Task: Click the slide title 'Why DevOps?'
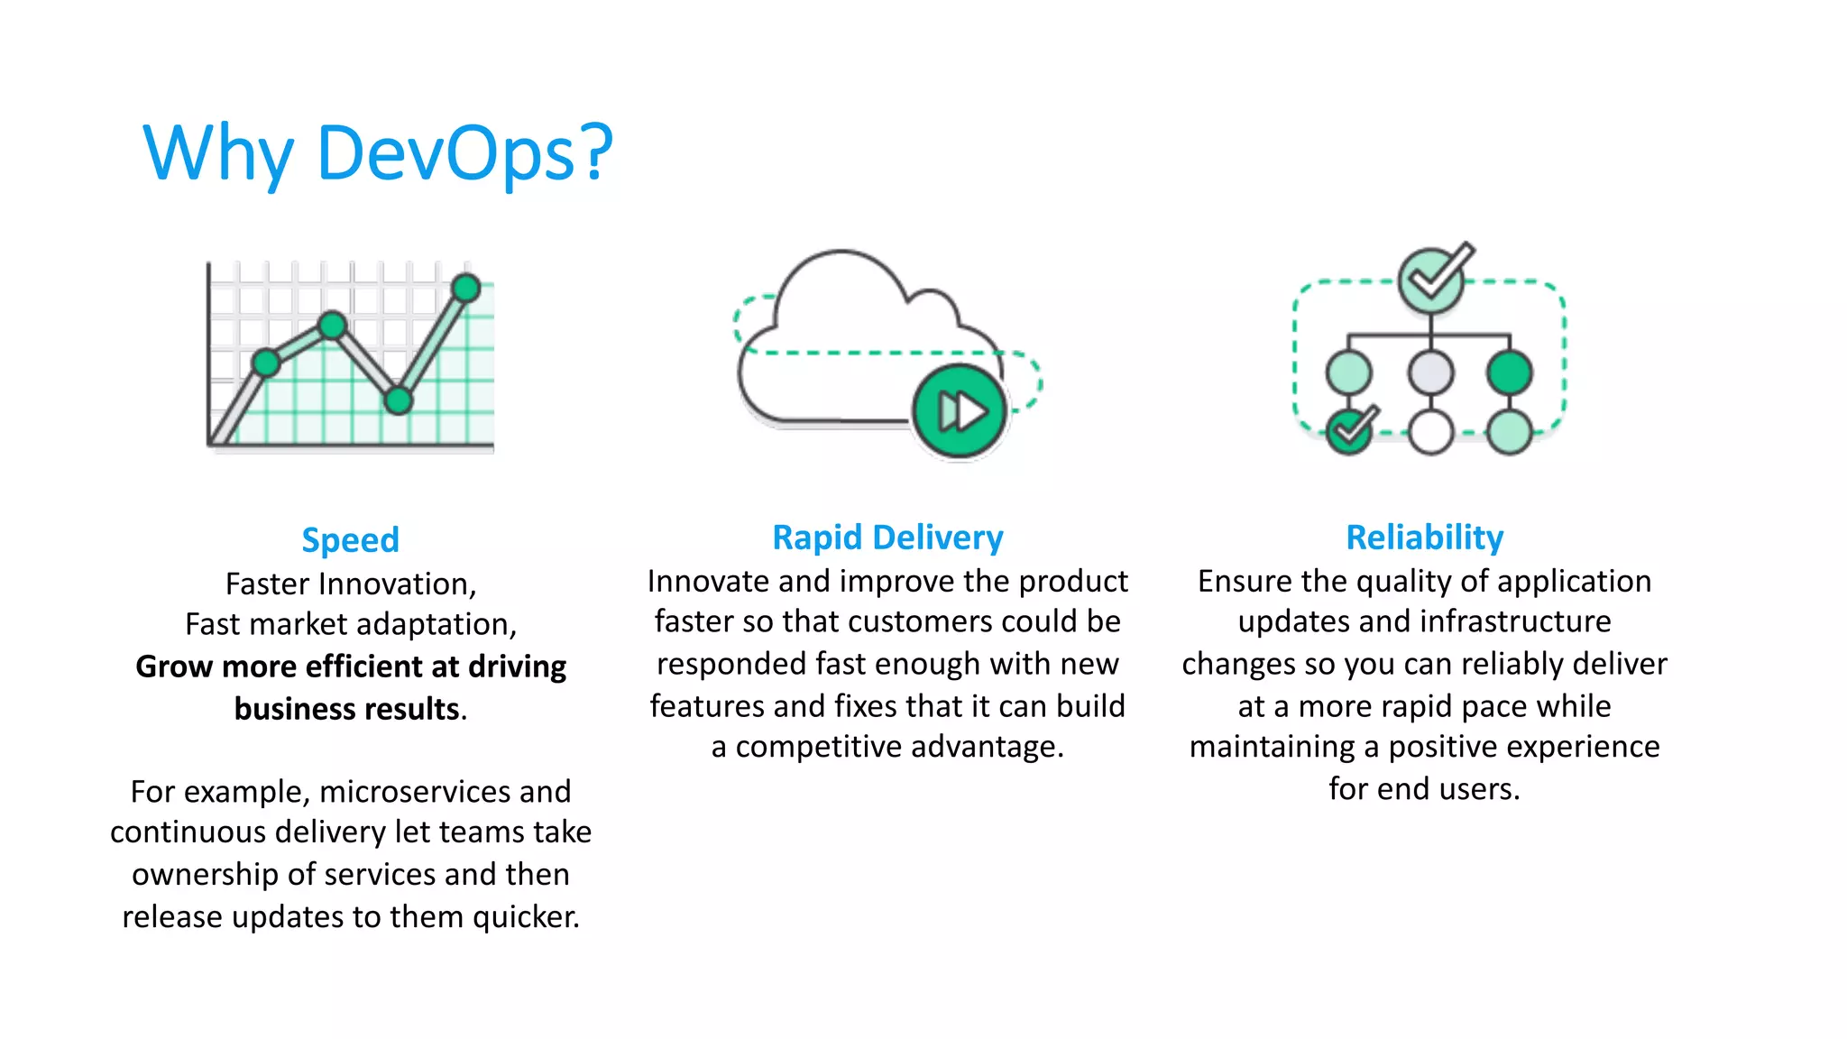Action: coord(378,153)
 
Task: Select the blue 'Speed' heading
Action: coord(350,539)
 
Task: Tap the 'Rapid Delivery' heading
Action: coord(887,538)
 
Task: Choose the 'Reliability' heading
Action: coord(1424,538)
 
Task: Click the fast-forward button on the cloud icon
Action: coord(960,411)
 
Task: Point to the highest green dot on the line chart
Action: coord(466,288)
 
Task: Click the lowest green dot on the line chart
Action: coord(398,400)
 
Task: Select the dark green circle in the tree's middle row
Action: coord(1510,372)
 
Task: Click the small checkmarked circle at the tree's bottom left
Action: coord(1349,432)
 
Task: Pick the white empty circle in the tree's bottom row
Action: coord(1431,432)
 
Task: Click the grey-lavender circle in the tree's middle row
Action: coord(1431,372)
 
